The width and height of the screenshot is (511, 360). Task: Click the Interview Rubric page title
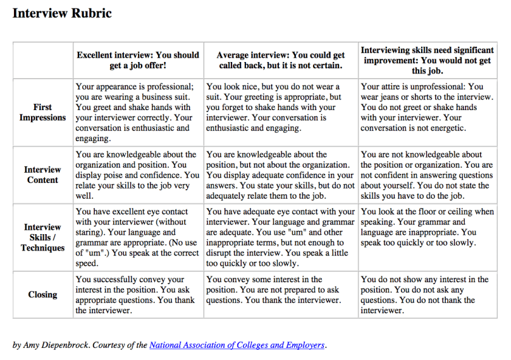[62, 13]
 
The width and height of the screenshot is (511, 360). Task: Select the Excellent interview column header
[138, 60]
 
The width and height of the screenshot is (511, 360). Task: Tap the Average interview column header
[280, 60]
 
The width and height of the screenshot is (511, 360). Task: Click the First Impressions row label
[42, 112]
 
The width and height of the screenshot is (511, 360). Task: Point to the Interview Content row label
[42, 175]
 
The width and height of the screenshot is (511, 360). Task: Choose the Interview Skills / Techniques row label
[42, 237]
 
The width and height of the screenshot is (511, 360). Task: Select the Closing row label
[42, 294]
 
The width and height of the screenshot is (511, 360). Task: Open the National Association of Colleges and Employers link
[237, 345]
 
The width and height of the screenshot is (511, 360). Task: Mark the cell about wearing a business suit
[138, 112]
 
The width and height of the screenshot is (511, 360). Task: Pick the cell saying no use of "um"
[138, 237]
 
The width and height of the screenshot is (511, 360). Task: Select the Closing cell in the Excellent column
[138, 294]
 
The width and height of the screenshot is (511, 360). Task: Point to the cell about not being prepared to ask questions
[280, 289]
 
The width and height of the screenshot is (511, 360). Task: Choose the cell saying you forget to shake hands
[280, 107]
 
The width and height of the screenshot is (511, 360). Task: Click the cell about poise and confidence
[138, 175]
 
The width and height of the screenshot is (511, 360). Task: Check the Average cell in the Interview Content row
[280, 175]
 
